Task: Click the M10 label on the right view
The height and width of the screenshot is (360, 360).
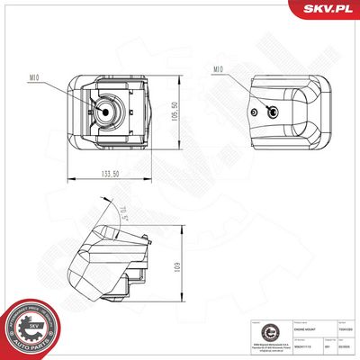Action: pyautogui.click(x=217, y=68)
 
